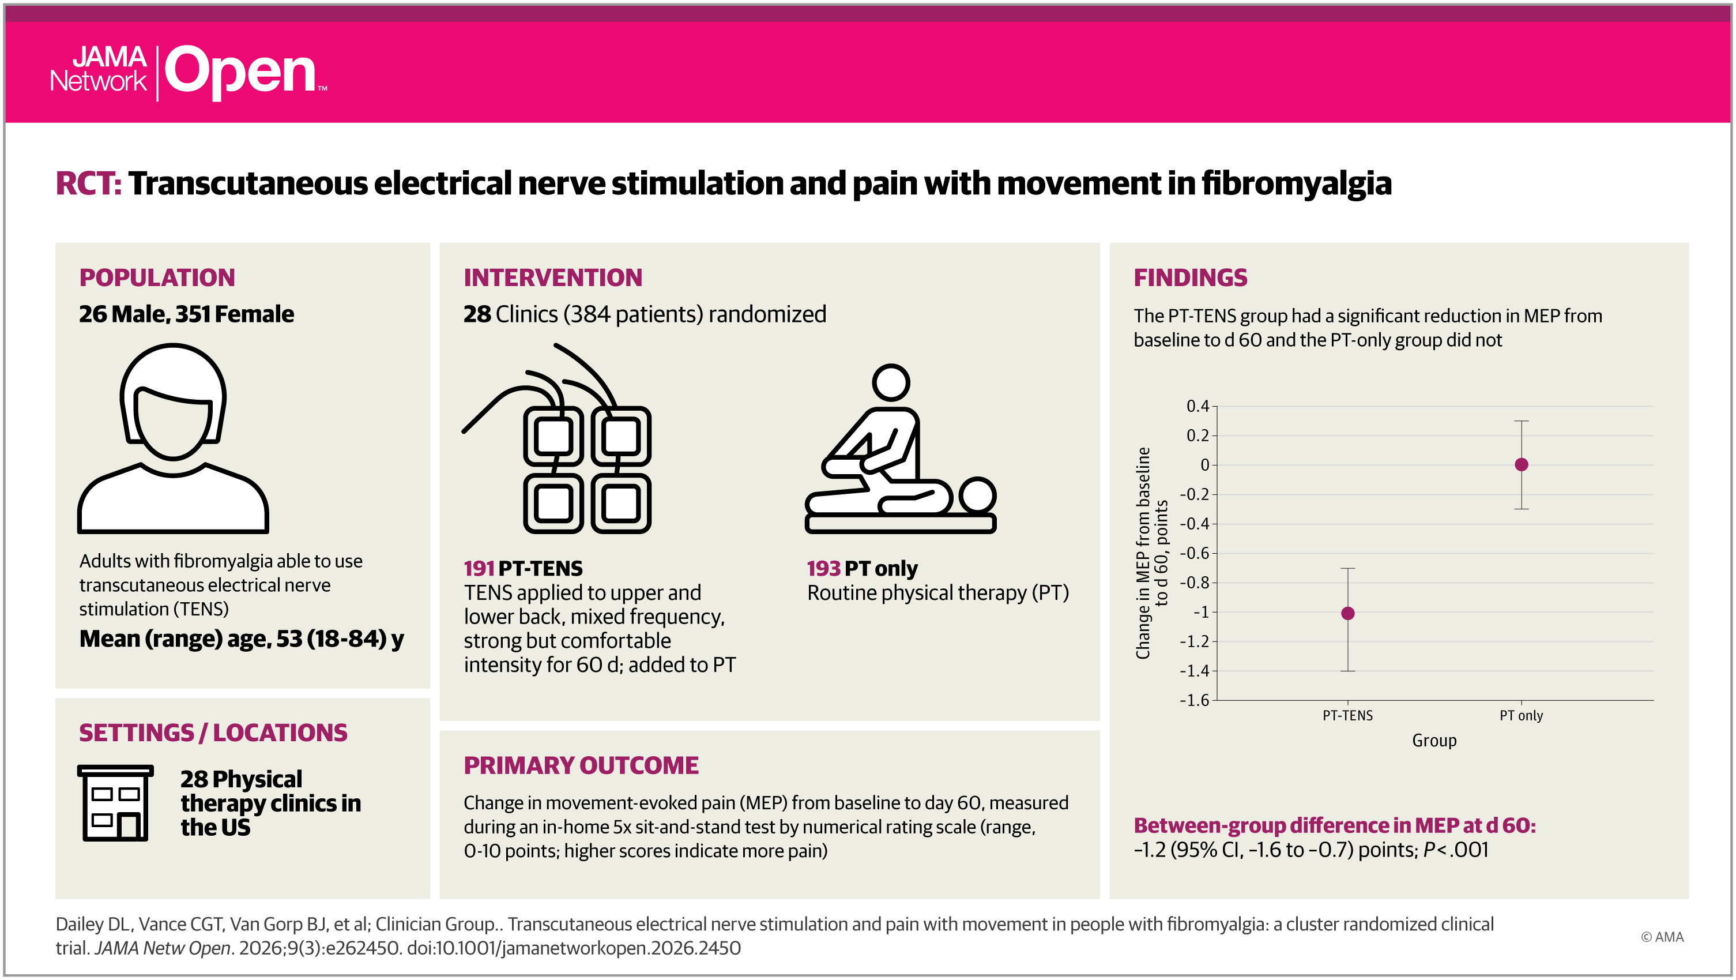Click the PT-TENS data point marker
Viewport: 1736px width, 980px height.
pos(1348,613)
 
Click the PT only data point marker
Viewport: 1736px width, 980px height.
pos(1521,464)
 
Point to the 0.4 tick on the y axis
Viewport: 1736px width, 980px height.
pos(1198,405)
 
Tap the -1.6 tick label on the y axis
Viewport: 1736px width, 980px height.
pos(1194,700)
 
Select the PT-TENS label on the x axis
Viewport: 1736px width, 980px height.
pos(1347,715)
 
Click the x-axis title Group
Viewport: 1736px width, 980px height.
pos(1434,740)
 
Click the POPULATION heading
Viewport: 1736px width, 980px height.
pos(157,277)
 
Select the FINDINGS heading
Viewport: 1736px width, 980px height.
pos(1190,277)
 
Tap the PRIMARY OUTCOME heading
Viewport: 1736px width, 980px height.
pos(581,765)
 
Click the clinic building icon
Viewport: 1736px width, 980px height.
pos(115,803)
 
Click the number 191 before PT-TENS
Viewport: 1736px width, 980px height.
pos(479,568)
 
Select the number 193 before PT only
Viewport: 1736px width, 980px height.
pos(823,568)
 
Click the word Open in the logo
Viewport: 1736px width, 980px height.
pos(240,72)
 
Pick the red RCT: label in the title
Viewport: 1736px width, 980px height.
pos(88,183)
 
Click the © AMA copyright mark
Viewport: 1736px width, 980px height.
pos(1661,937)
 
